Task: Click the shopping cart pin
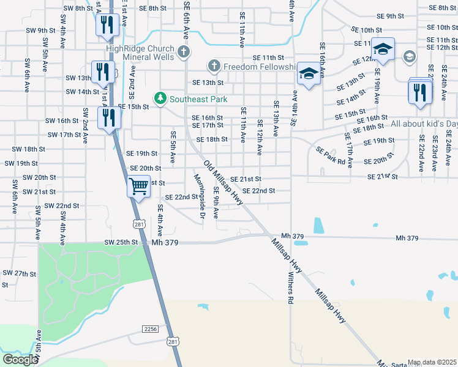tap(139, 185)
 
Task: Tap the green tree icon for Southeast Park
tap(160, 98)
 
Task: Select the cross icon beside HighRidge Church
tap(184, 52)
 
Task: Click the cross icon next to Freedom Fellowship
tap(214, 65)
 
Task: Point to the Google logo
tap(20, 360)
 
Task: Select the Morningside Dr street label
tap(198, 195)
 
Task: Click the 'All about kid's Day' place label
tap(424, 124)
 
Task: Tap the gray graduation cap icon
tap(409, 57)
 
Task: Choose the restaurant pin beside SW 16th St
tap(109, 117)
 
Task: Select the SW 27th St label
tap(20, 273)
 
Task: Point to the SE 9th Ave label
tap(216, 202)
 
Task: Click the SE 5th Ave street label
tap(173, 147)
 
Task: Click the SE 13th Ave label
tap(277, 118)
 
